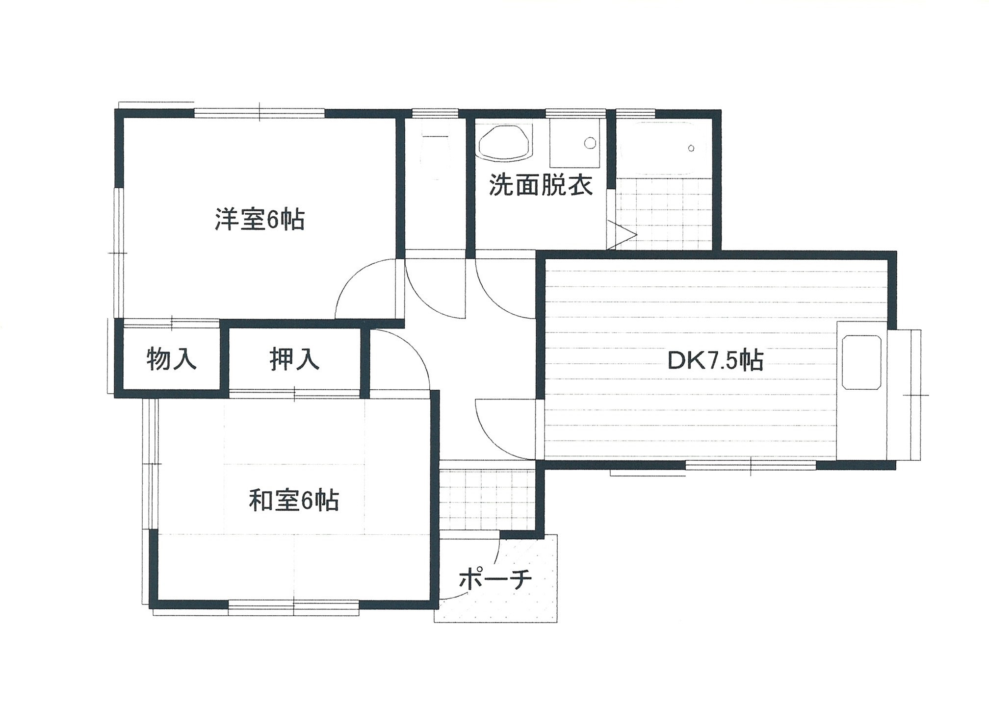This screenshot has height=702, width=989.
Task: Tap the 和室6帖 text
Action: pyautogui.click(x=294, y=501)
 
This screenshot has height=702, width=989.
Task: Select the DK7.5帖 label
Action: pyautogui.click(x=715, y=361)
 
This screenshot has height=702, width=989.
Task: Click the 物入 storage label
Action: pyautogui.click(x=171, y=359)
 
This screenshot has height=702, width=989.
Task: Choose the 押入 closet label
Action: pyautogui.click(x=294, y=359)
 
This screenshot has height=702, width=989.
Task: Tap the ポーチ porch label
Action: pyautogui.click(x=495, y=579)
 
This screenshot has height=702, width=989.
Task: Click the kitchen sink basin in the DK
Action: pyautogui.click(x=861, y=362)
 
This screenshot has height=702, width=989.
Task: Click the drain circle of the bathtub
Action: pyautogui.click(x=691, y=148)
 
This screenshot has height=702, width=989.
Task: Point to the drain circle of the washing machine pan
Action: pyautogui.click(x=590, y=143)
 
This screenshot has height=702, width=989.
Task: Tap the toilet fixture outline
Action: pyautogui.click(x=436, y=157)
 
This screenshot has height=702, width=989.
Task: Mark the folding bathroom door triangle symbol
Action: pyautogui.click(x=622, y=235)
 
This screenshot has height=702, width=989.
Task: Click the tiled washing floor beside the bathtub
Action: pyautogui.click(x=664, y=213)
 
